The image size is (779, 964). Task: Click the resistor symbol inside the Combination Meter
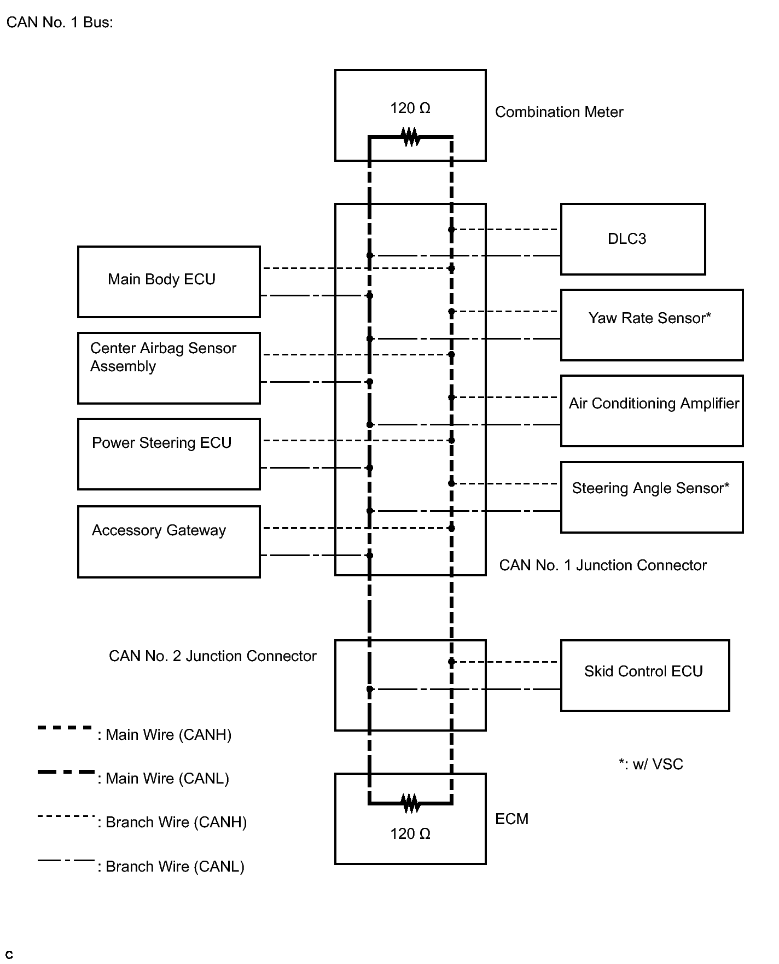tap(411, 137)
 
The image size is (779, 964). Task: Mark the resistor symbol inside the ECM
tap(411, 803)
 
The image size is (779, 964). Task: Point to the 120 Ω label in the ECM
tap(410, 834)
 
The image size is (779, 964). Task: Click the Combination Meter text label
tap(559, 112)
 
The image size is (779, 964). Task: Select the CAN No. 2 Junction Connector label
tap(213, 656)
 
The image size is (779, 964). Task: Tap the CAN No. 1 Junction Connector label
tap(603, 565)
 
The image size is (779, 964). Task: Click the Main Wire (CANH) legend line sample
tap(65, 728)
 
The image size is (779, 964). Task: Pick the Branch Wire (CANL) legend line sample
tap(66, 860)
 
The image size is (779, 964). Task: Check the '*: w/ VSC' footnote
tap(651, 764)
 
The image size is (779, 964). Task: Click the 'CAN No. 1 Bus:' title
tap(60, 22)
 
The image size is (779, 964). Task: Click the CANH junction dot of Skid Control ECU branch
tap(451, 662)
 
